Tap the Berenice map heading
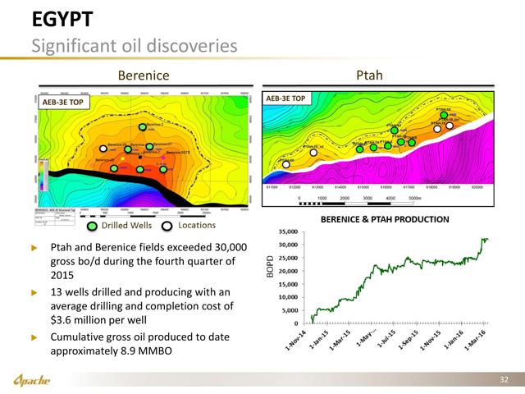click(144, 75)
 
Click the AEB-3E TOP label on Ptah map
click(286, 98)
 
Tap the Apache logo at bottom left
click(34, 380)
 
